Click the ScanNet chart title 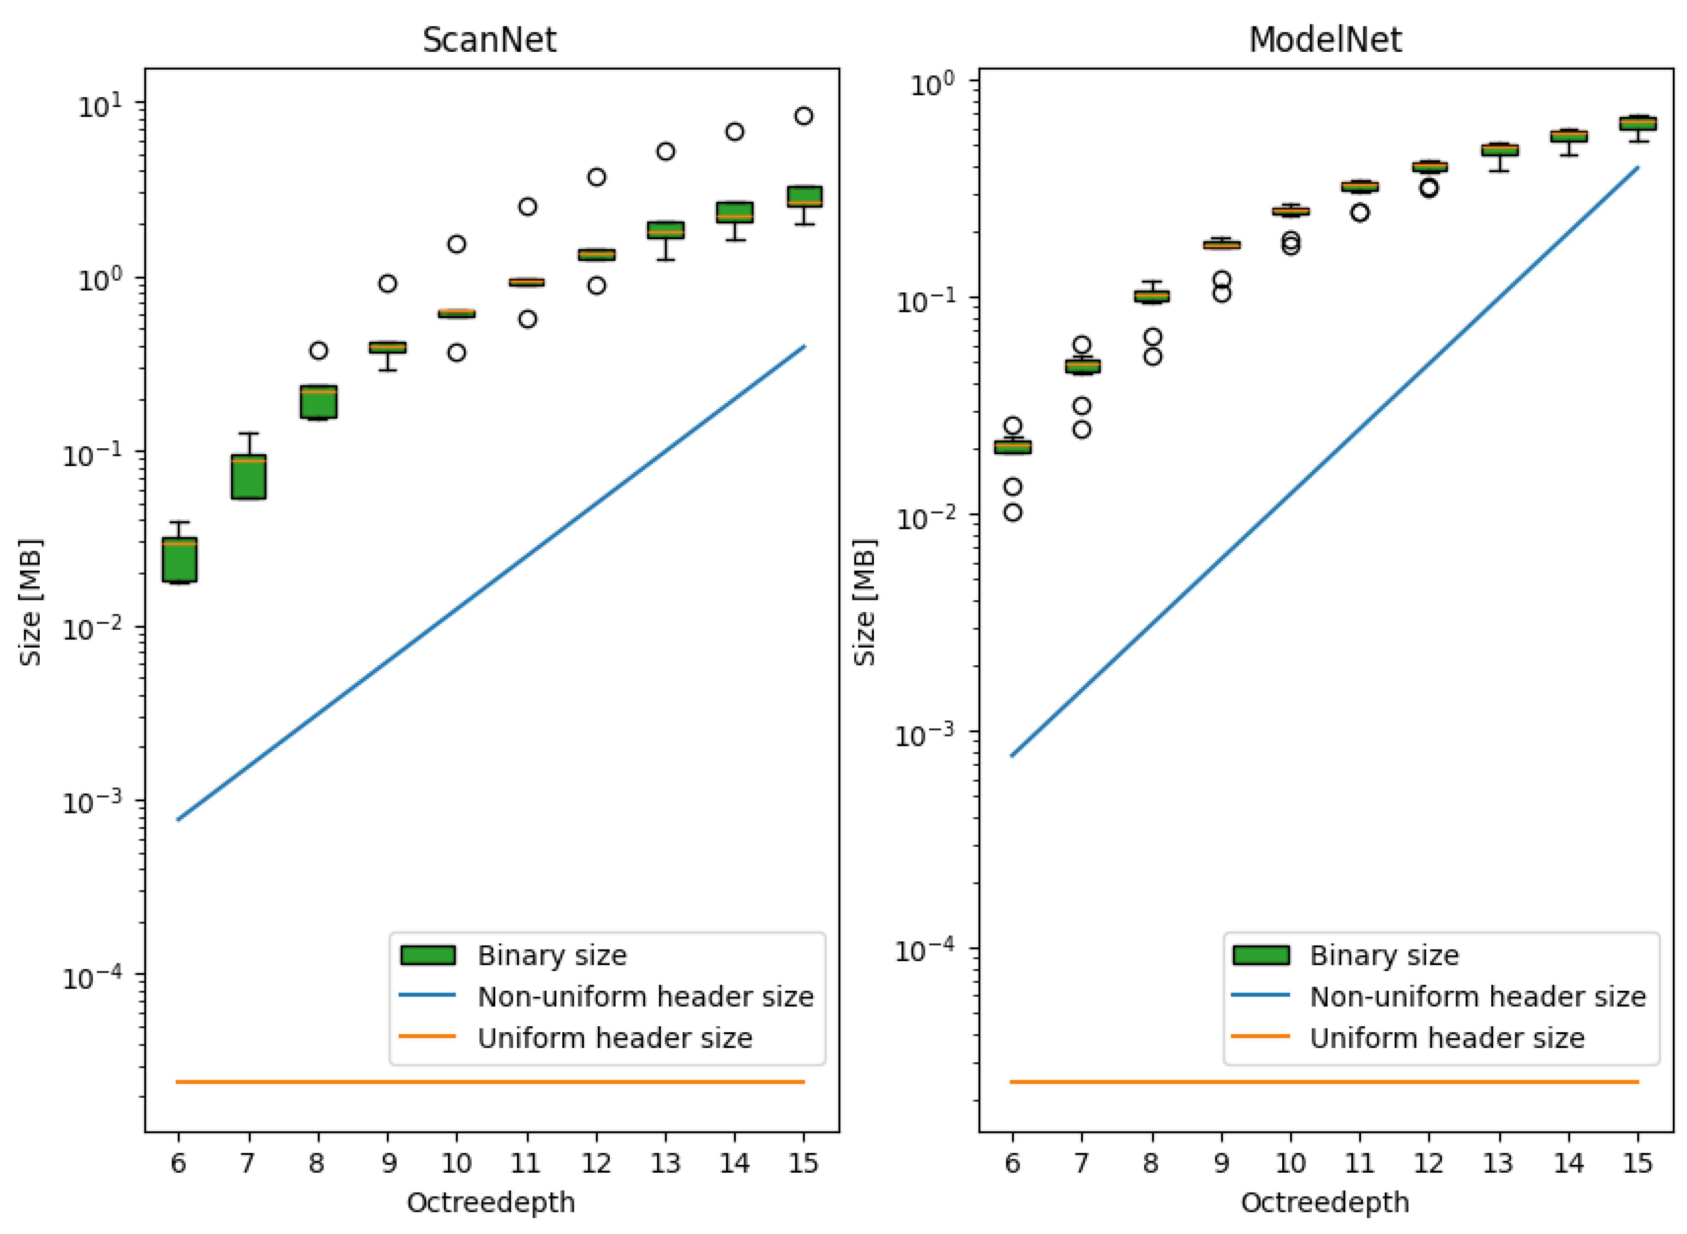tap(489, 40)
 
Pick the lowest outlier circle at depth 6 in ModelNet tap(1013, 512)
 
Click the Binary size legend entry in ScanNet tap(551, 955)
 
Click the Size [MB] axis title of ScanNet tap(30, 602)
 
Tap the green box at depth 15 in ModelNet tap(1638, 123)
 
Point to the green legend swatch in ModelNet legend tap(1261, 955)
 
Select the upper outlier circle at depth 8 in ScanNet tap(318, 350)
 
